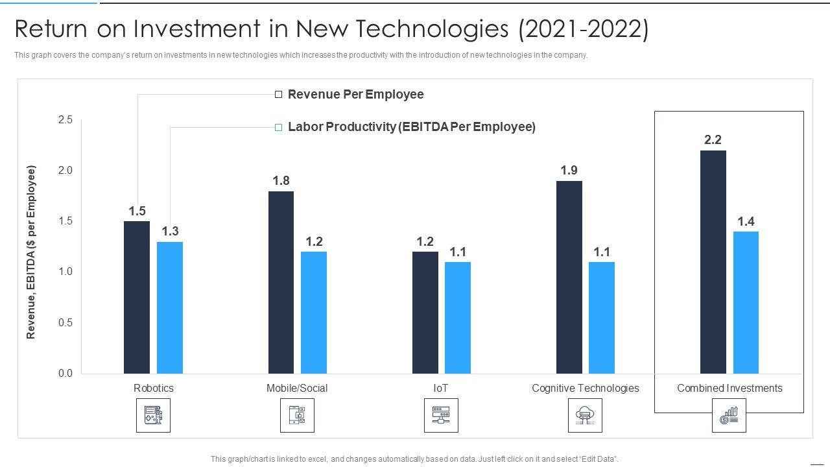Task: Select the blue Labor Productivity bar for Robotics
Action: [170, 307]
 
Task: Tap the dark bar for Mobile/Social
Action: [281, 282]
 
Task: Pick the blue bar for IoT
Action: [458, 318]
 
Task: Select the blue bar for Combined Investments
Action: [746, 302]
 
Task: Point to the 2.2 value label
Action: [713, 139]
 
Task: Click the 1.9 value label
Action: [569, 171]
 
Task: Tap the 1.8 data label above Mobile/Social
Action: [281, 180]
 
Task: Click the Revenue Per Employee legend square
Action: [279, 95]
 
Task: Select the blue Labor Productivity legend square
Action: [279, 127]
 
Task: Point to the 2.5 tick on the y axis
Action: [65, 119]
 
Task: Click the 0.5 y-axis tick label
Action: [65, 322]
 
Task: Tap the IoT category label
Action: [441, 388]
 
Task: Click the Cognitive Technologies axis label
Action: [585, 388]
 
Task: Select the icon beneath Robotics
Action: [154, 415]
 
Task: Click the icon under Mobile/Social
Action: [297, 415]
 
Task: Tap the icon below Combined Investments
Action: [729, 415]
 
